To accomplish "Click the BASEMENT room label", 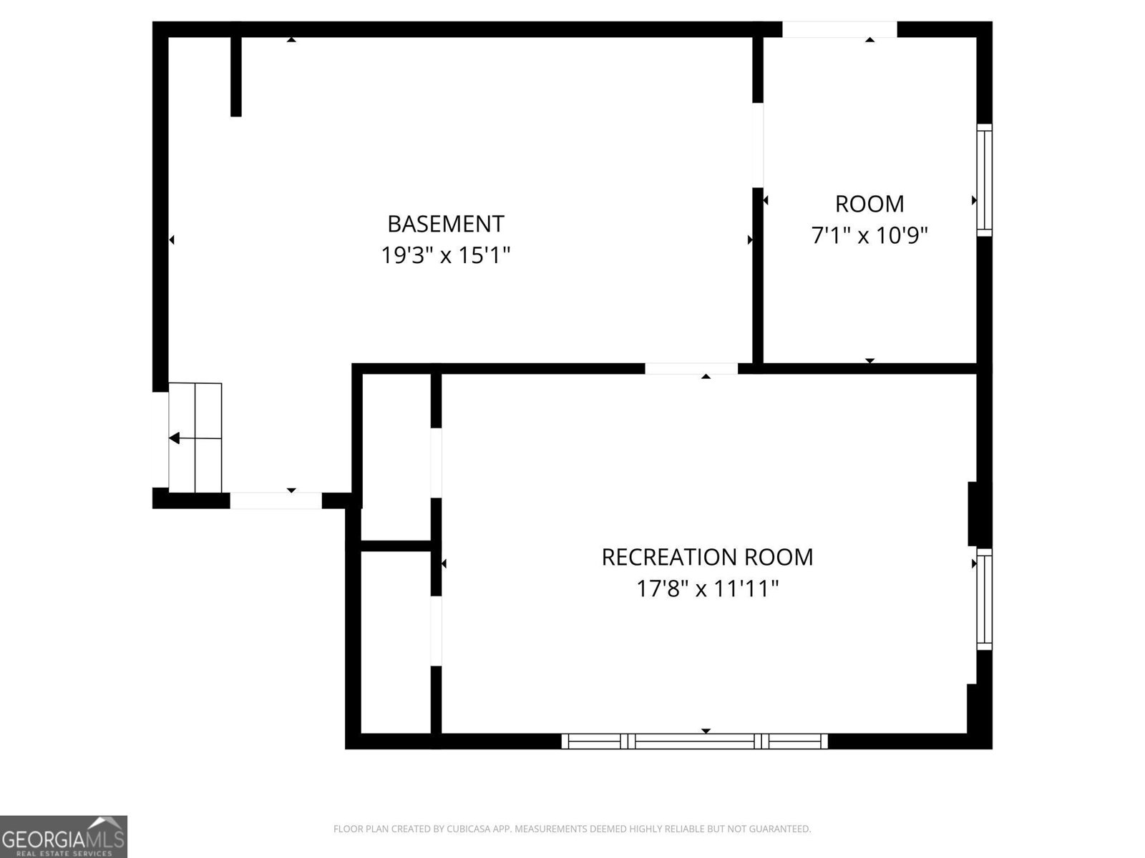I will pyautogui.click(x=445, y=224).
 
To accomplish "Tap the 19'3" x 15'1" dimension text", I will pyautogui.click(x=445, y=255).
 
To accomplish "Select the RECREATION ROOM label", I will pyautogui.click(x=707, y=557).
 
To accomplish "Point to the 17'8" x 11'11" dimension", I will pyautogui.click(x=707, y=588).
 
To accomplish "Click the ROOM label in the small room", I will pyautogui.click(x=869, y=204).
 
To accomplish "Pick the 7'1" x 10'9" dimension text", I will pyautogui.click(x=869, y=235).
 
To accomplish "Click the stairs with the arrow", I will pyautogui.click(x=195, y=438).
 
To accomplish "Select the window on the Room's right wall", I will pyautogui.click(x=985, y=179).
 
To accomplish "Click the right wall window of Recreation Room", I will pyautogui.click(x=985, y=598).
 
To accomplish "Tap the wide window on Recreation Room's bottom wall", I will pyautogui.click(x=694, y=741).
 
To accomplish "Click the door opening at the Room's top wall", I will pyautogui.click(x=839, y=29).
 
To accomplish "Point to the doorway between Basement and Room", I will pyautogui.click(x=758, y=145).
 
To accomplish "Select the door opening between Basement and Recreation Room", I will pyautogui.click(x=691, y=369).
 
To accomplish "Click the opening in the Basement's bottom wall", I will pyautogui.click(x=276, y=500).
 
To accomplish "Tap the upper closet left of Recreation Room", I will pyautogui.click(x=395, y=458).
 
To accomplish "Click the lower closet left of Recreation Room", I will pyautogui.click(x=395, y=641).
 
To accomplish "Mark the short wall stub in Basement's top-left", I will pyautogui.click(x=236, y=75).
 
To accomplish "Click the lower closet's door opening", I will pyautogui.click(x=436, y=631).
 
